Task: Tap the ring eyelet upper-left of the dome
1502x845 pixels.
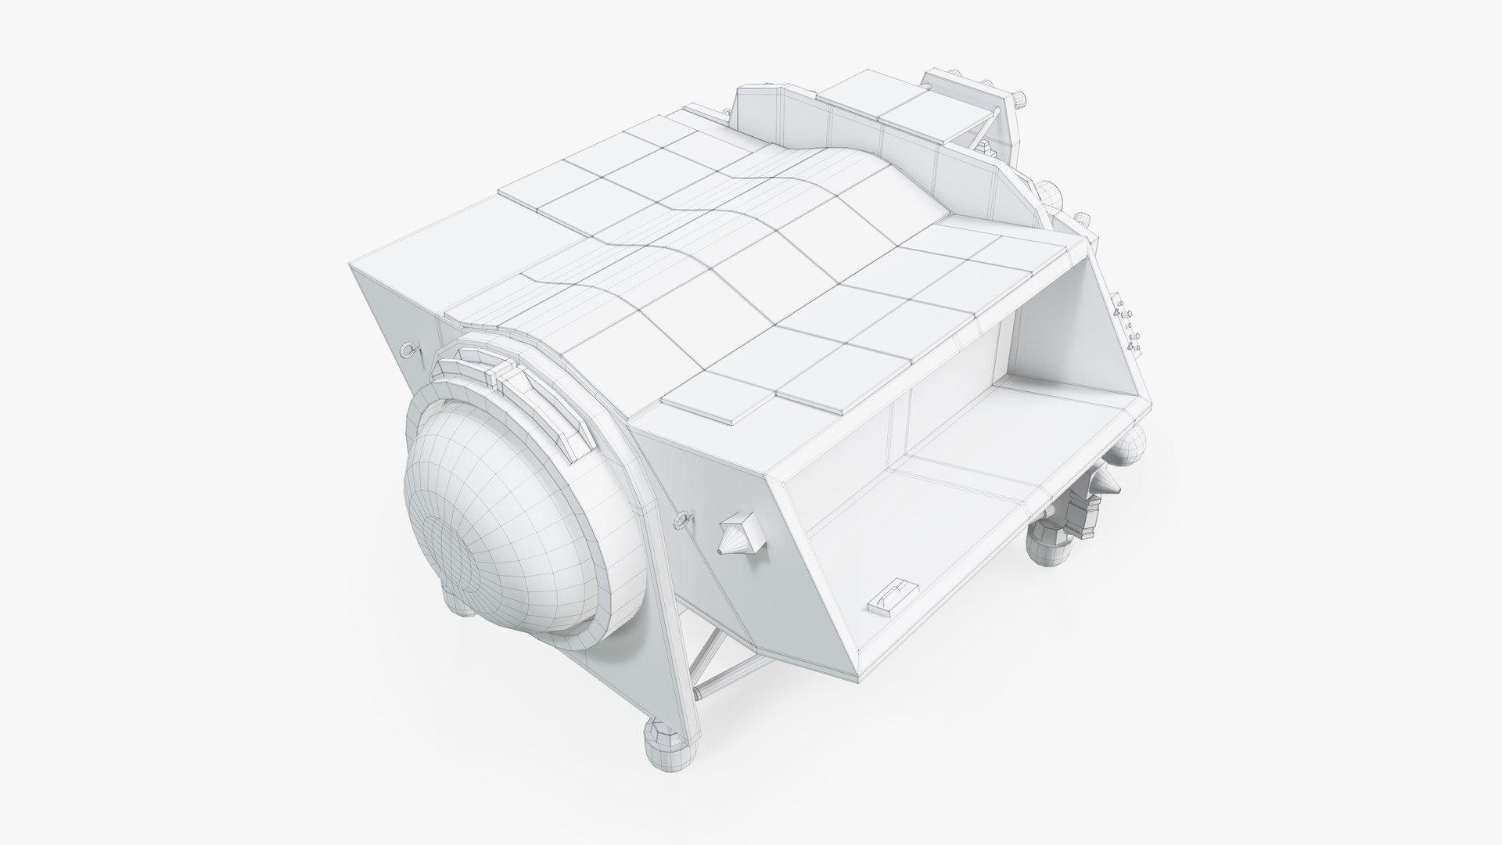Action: click(x=408, y=350)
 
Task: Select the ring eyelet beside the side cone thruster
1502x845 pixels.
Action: click(x=683, y=518)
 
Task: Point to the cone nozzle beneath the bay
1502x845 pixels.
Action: click(x=1111, y=486)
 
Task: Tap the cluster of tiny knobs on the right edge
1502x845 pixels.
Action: click(x=1126, y=329)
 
